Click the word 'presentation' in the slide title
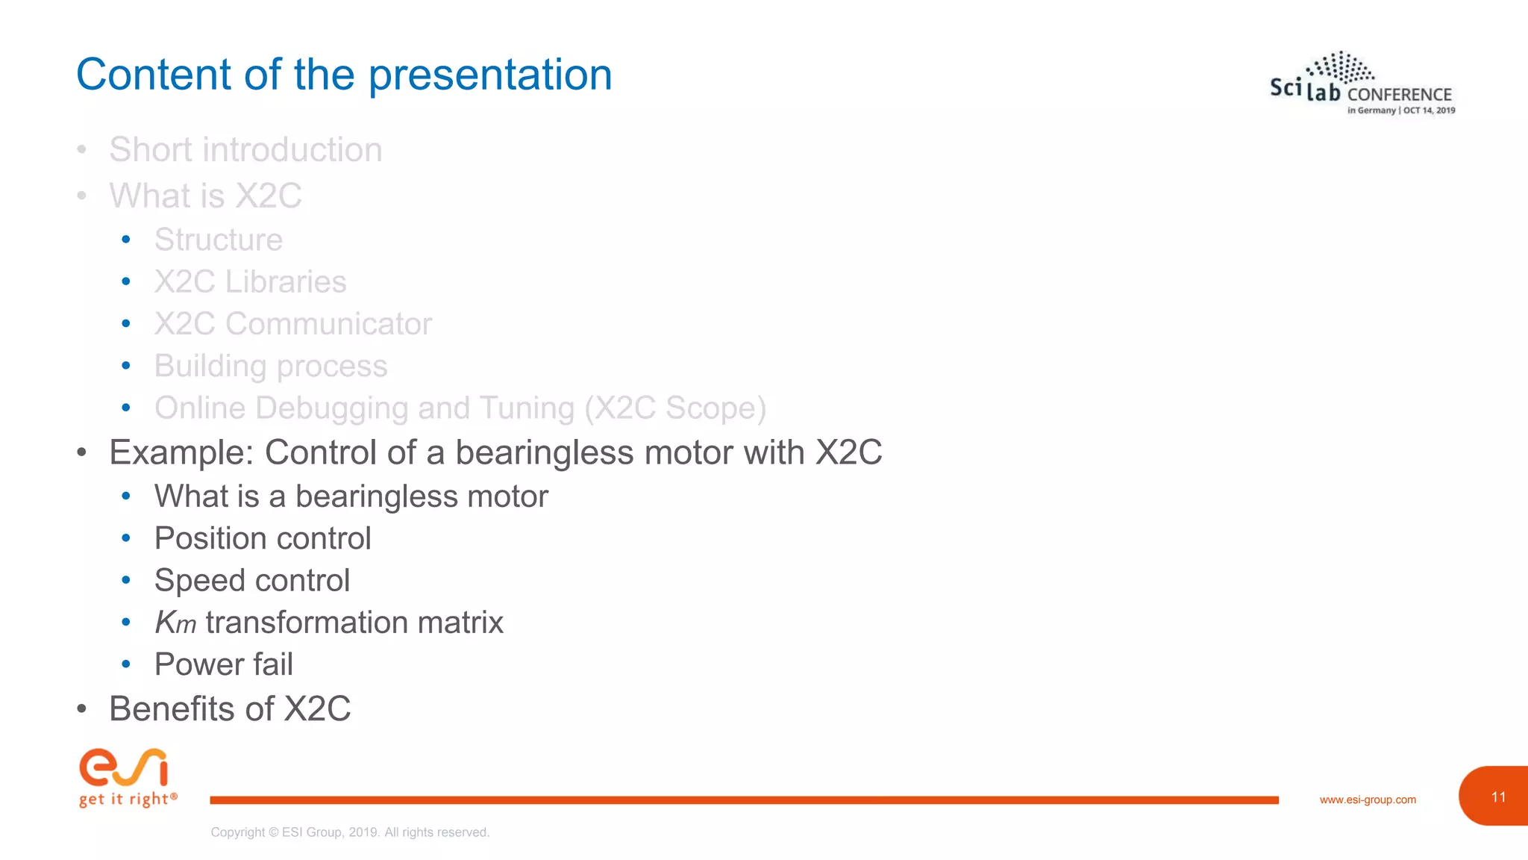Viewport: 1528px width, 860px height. pyautogui.click(x=489, y=75)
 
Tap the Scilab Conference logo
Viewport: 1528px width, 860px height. pyautogui.click(x=1362, y=84)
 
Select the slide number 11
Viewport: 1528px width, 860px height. pyautogui.click(x=1498, y=797)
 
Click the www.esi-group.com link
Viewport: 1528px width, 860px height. pyautogui.click(x=1368, y=800)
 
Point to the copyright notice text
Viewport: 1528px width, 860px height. pyautogui.click(x=350, y=832)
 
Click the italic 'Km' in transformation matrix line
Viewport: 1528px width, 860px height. pyautogui.click(x=175, y=623)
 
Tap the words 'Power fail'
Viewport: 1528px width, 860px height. pyautogui.click(x=223, y=664)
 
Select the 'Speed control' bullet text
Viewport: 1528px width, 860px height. pyautogui.click(x=251, y=581)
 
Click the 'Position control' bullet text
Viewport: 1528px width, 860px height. pyautogui.click(x=263, y=538)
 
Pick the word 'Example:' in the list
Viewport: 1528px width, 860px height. pyautogui.click(x=181, y=452)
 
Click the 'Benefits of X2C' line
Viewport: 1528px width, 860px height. pyautogui.click(x=230, y=708)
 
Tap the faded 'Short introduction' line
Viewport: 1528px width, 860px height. pyautogui.click(x=245, y=149)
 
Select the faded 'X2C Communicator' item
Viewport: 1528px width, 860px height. pyautogui.click(x=292, y=324)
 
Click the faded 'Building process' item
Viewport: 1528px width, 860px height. pyautogui.click(x=271, y=366)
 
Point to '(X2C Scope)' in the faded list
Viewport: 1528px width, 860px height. pyautogui.click(x=675, y=408)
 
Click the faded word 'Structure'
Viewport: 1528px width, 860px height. pyautogui.click(x=219, y=240)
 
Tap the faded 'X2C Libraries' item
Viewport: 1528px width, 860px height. pyautogui.click(x=250, y=282)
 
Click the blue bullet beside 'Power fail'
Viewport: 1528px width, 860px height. pyautogui.click(x=126, y=664)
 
